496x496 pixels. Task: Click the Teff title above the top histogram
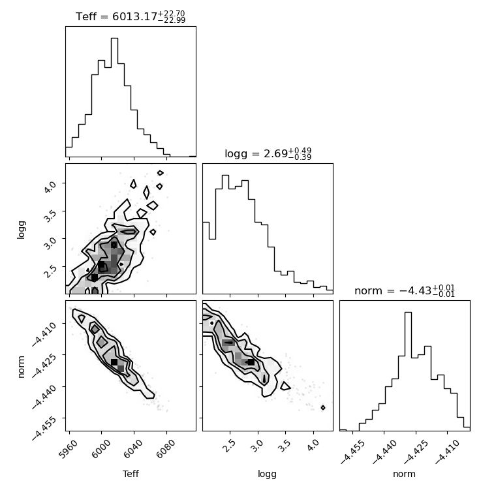131,16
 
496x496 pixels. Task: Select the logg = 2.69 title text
268,154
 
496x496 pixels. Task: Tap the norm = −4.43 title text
405,290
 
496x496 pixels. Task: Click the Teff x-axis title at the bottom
131,474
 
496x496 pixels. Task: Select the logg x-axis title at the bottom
268,474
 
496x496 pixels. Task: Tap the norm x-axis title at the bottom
404,474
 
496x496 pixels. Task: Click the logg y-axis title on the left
21,230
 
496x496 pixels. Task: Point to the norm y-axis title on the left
21,367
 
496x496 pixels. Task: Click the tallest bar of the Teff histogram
114,97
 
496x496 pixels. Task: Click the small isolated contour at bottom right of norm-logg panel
323,408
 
